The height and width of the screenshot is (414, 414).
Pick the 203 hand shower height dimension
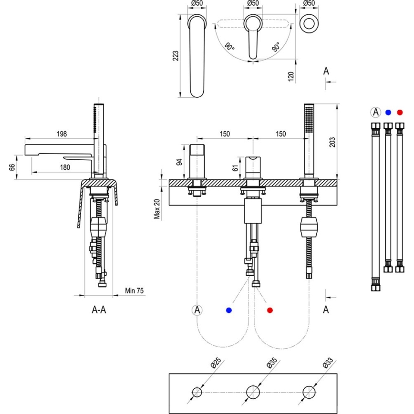click(332, 142)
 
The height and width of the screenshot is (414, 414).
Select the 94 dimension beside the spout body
click(179, 162)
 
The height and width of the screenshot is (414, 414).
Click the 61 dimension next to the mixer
click(235, 167)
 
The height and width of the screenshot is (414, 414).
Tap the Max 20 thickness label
click(157, 208)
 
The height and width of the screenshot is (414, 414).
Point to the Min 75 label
click(134, 290)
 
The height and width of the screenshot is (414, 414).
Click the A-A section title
click(99, 310)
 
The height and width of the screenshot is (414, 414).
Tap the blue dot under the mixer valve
click(229, 310)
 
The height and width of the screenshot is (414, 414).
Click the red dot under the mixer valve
click(270, 310)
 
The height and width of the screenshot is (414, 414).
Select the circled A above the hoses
click(375, 113)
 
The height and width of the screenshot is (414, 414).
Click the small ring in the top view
click(309, 23)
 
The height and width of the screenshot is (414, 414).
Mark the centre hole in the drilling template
click(253, 392)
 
